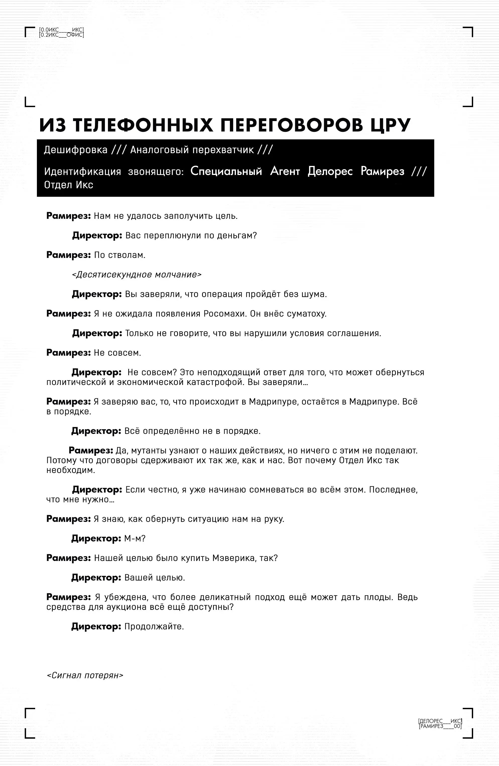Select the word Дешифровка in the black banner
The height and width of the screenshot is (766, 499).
coord(76,150)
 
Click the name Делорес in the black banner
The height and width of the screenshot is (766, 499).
coord(330,171)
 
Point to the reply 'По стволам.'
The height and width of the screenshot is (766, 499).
coord(119,255)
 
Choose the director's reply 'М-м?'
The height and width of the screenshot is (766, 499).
coord(135,538)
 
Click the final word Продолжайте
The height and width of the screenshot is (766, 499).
coord(154,627)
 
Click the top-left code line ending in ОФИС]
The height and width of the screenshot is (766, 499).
coord(61,35)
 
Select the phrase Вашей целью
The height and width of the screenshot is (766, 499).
coord(155,578)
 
